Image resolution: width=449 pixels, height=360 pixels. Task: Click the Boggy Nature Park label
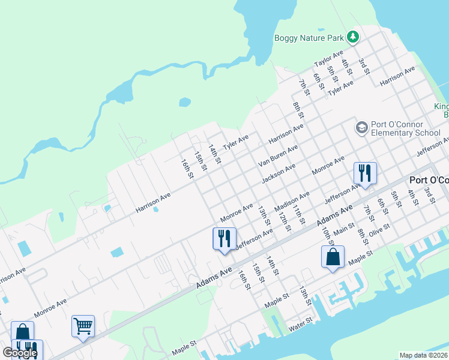tap(309, 38)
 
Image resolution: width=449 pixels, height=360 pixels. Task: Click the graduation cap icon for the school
tap(361, 127)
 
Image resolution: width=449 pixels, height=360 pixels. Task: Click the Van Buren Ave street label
tap(278, 156)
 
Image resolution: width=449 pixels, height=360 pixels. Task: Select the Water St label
tap(300, 325)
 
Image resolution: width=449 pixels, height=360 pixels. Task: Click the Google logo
tap(20, 353)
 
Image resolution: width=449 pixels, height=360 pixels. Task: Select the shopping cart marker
tap(83, 326)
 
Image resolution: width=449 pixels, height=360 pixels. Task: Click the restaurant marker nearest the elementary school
tap(365, 173)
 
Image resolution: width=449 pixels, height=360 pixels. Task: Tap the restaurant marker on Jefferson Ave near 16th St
tap(224, 239)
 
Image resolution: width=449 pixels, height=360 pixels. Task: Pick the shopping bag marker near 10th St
tap(333, 257)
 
